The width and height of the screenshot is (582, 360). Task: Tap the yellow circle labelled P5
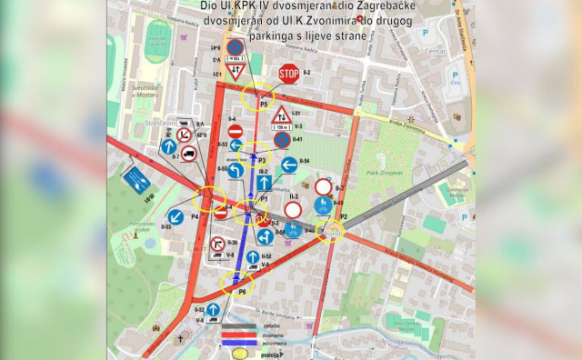point(259,95)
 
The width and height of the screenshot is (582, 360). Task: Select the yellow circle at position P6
point(239,283)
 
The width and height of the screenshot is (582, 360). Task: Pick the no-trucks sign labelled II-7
point(187,155)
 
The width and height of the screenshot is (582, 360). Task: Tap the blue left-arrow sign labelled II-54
point(289,165)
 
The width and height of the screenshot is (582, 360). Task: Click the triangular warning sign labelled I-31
point(282,116)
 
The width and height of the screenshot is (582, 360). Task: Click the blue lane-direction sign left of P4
point(136,177)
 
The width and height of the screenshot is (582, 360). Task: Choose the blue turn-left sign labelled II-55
point(235,170)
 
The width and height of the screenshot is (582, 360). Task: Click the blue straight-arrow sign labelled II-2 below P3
point(263,183)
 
